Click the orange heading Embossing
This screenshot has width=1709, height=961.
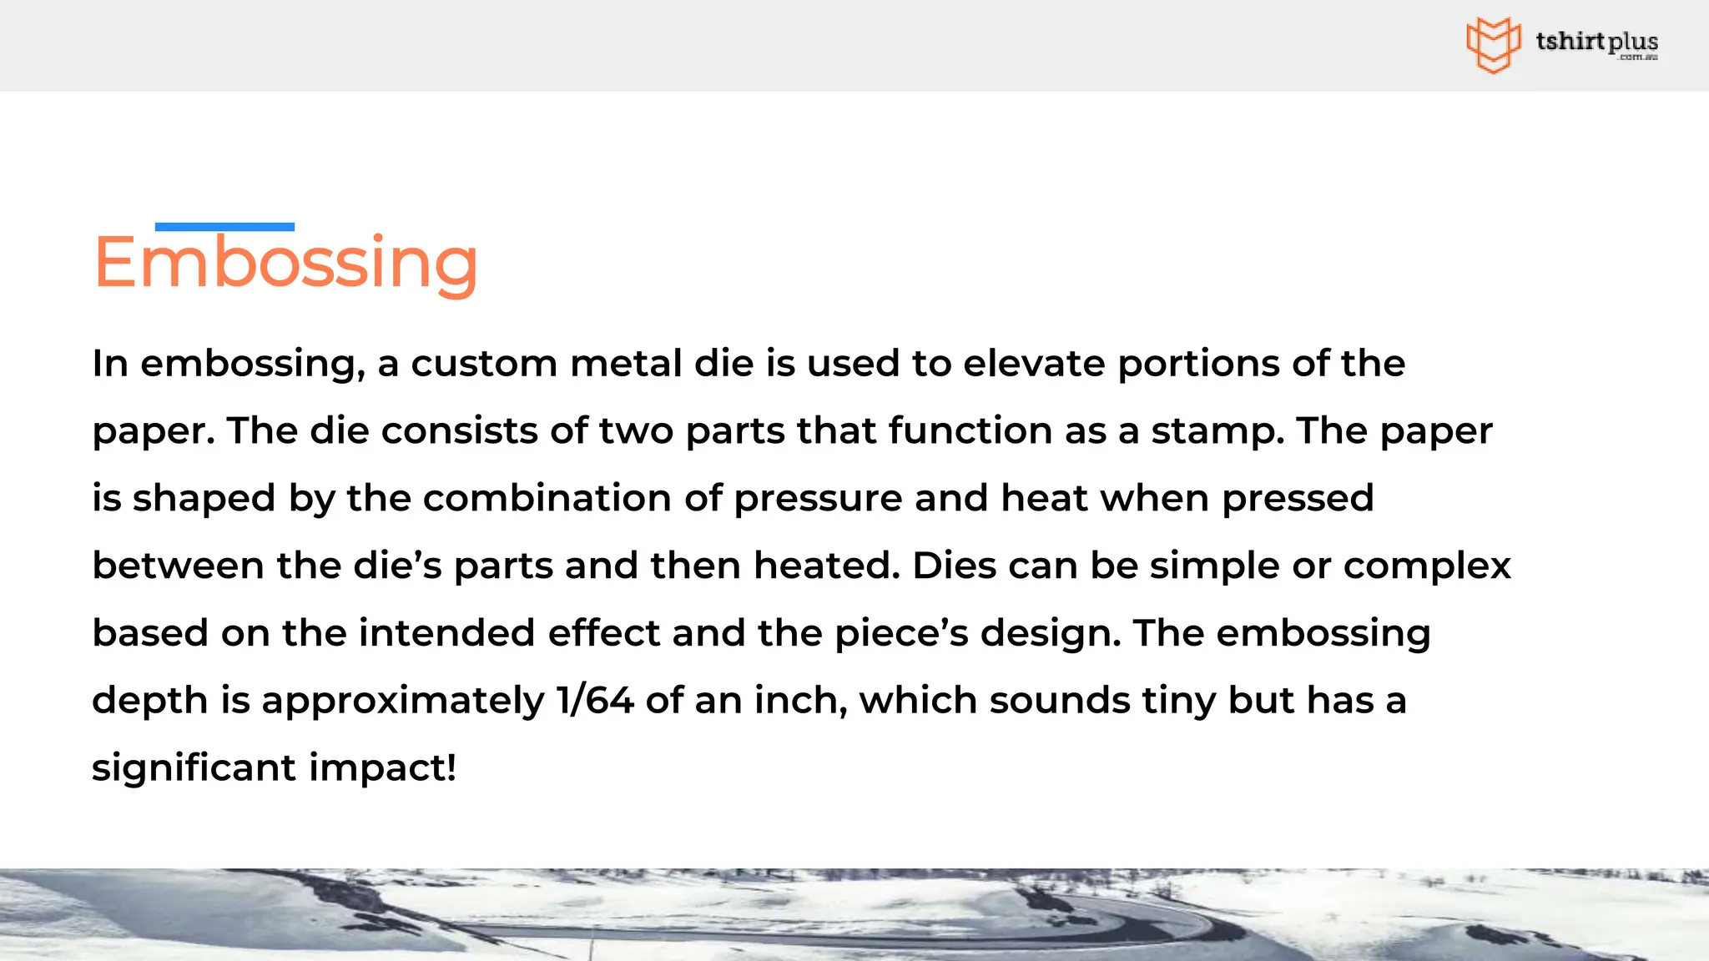(285, 263)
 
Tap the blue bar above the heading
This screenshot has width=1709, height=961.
(224, 227)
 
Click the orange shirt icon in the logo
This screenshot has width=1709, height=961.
(1493, 44)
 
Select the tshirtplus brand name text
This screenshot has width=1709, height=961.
(1596, 42)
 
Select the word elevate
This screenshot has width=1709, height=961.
(1034, 364)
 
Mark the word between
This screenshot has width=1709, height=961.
(178, 566)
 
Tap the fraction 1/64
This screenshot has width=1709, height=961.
(595, 700)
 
